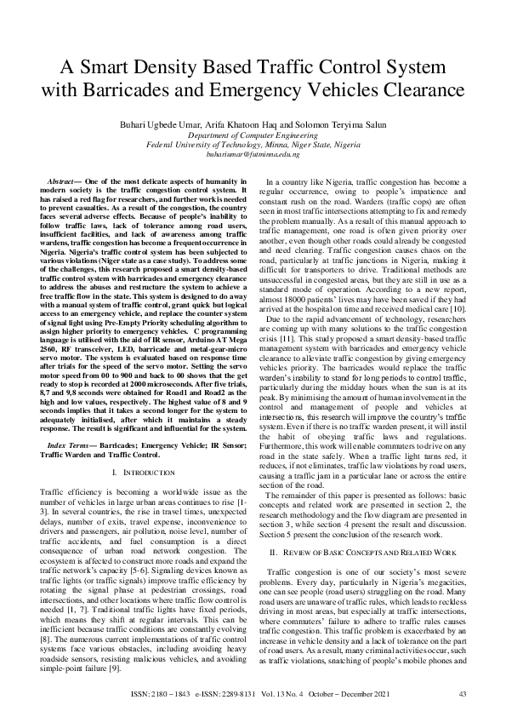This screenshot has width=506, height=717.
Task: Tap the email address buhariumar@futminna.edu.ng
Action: [253, 154]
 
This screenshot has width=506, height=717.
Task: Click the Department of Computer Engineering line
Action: [253, 135]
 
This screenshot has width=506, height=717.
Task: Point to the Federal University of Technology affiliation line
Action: [253, 145]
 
